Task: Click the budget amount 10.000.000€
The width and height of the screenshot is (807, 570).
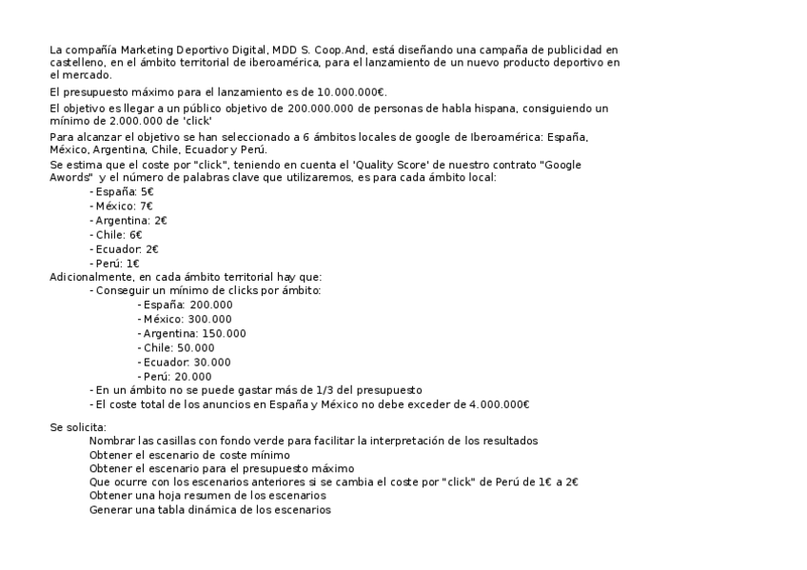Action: coord(353,92)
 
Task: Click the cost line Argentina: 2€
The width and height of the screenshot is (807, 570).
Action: coord(129,221)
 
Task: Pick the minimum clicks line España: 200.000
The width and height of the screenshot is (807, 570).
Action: coord(186,305)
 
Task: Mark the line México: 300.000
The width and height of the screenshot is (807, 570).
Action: coord(186,319)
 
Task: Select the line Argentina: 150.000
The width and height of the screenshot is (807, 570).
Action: coord(192,333)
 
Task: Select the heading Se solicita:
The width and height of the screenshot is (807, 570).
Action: coord(78,427)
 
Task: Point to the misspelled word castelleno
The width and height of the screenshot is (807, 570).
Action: coord(78,62)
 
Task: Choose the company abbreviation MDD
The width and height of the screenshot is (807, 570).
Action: coord(284,49)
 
